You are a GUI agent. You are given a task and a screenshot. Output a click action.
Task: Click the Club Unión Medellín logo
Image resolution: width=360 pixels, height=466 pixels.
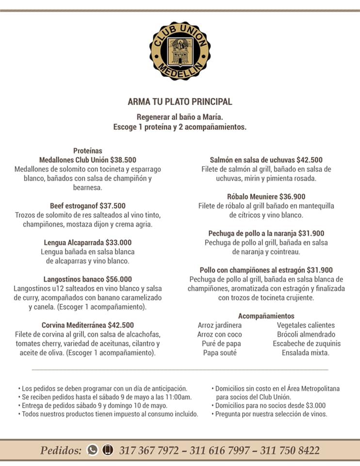click(180, 51)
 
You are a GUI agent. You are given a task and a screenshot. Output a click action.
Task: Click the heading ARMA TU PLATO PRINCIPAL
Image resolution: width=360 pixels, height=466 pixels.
click(180, 102)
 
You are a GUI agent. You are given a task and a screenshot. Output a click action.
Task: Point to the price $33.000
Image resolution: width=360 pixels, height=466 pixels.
click(117, 242)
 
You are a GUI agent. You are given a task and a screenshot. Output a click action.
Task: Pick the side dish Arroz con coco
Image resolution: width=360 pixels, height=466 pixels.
click(219, 334)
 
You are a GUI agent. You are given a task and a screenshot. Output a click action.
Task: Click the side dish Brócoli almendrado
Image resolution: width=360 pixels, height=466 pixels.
click(306, 334)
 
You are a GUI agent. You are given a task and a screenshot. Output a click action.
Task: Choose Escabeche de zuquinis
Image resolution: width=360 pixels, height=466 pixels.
click(306, 344)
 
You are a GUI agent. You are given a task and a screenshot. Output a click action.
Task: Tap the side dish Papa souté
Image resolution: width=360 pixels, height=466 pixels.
click(219, 353)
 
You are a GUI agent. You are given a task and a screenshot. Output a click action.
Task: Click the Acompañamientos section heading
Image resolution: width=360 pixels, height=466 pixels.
click(266, 316)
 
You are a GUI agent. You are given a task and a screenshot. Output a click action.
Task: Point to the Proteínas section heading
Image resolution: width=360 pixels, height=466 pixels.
click(88, 150)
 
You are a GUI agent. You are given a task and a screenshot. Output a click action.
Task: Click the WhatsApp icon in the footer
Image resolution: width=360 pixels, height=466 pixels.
click(92, 450)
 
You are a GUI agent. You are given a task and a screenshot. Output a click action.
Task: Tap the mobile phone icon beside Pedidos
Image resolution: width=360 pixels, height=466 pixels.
click(108, 450)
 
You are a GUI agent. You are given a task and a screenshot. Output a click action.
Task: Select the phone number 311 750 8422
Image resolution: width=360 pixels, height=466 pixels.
click(290, 450)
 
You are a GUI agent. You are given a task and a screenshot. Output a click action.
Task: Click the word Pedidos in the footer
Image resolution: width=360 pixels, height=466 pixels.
click(61, 450)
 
